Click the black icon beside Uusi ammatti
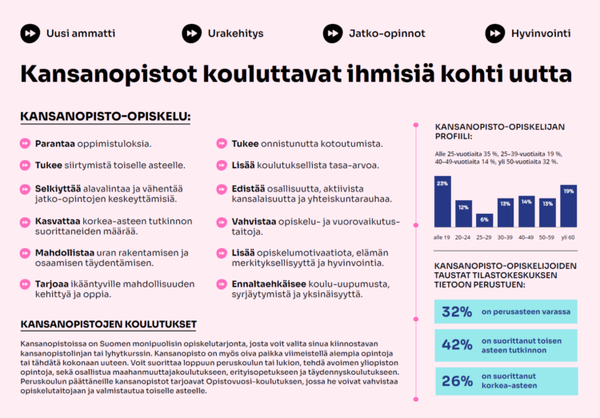(x=30, y=34)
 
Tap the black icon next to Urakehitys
(x=191, y=34)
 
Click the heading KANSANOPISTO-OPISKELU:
(x=105, y=117)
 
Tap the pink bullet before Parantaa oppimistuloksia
(x=25, y=144)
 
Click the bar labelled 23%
(x=442, y=203)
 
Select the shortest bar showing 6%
(x=484, y=219)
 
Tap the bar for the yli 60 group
(x=569, y=206)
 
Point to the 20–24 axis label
(x=463, y=238)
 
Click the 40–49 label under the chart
(x=526, y=238)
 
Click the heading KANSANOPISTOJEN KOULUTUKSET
(x=108, y=324)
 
